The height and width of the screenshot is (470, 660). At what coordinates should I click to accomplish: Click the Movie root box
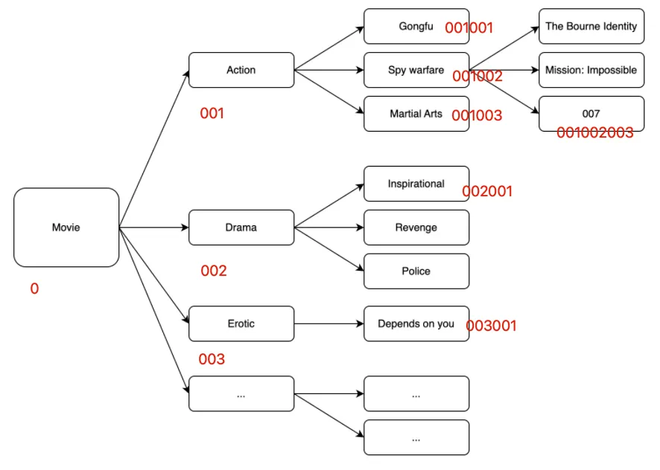click(66, 228)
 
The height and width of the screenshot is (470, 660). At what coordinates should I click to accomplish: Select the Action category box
click(241, 70)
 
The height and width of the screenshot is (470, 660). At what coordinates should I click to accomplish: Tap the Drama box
click(241, 228)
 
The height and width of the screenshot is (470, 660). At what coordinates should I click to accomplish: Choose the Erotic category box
click(241, 323)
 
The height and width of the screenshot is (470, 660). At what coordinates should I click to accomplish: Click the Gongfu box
click(416, 27)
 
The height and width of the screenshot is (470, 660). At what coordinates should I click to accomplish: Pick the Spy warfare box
click(416, 71)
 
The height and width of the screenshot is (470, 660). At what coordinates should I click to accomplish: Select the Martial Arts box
click(416, 114)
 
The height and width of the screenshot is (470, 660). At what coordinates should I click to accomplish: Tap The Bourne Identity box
click(591, 27)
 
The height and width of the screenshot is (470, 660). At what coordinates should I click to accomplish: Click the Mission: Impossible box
click(591, 71)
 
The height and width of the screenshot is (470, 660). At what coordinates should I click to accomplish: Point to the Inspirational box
click(416, 184)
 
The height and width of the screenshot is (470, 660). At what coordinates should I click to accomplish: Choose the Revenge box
click(416, 228)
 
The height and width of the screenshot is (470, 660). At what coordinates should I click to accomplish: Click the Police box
click(416, 271)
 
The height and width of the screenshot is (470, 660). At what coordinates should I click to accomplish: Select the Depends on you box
click(416, 323)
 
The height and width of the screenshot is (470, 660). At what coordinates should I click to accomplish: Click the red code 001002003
click(594, 133)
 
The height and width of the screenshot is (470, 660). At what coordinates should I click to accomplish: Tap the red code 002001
click(487, 192)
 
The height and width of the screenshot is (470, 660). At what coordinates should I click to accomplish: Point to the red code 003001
click(491, 326)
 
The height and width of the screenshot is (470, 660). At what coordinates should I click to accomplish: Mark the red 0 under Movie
click(34, 289)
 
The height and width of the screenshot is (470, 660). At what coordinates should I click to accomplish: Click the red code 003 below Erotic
click(212, 359)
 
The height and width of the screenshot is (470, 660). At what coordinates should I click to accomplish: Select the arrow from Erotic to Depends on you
click(329, 323)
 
